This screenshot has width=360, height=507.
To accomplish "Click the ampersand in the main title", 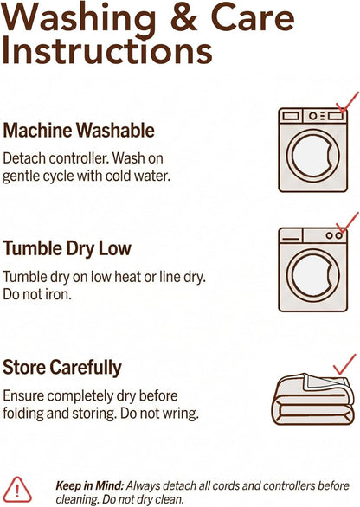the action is (x=183, y=16).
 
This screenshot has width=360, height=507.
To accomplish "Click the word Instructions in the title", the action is (x=107, y=51).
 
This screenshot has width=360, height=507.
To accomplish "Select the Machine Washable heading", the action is (x=79, y=131).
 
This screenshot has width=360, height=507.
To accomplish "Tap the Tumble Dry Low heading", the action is (x=67, y=249).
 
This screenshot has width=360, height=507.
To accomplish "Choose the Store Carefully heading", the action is (x=62, y=368).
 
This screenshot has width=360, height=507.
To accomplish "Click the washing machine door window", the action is (x=312, y=155).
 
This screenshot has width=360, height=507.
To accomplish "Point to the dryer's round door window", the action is (x=312, y=275).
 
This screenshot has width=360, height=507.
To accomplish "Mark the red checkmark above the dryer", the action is (x=347, y=222).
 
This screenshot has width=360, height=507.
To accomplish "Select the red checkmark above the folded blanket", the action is (x=344, y=364).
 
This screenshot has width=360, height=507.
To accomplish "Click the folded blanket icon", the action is (x=312, y=399).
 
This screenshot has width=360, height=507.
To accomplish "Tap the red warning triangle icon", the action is (x=18, y=490).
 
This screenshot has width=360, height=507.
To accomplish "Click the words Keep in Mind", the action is (x=90, y=485).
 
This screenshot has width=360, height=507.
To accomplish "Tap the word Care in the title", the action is (x=253, y=16).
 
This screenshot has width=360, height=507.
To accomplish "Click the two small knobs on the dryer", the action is (x=334, y=235).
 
